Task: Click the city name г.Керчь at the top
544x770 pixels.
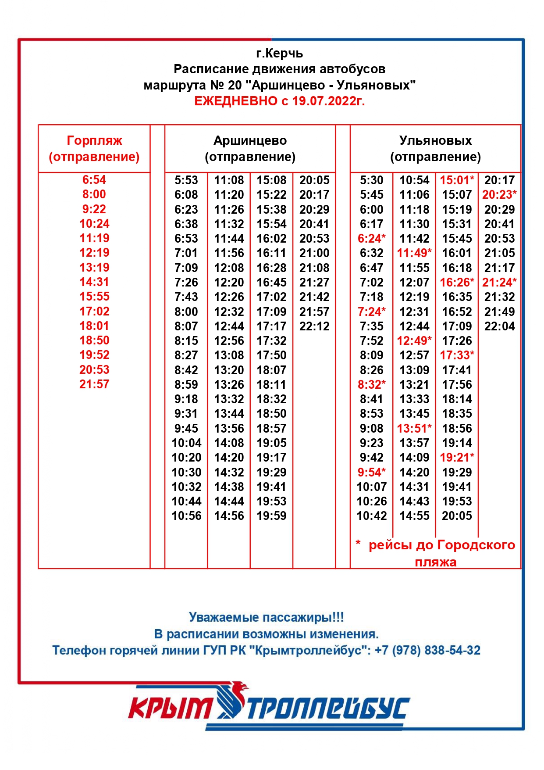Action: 279,54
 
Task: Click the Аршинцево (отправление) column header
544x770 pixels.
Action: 250,148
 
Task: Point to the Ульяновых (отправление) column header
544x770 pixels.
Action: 435,148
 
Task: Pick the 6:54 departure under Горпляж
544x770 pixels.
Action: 94,180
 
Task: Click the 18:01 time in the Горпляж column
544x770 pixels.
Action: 94,326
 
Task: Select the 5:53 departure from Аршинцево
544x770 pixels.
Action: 186,180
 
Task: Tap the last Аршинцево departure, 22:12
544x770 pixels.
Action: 314,326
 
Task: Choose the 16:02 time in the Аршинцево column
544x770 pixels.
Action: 271,239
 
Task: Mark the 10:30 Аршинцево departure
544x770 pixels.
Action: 186,473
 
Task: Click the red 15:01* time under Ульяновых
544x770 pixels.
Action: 457,180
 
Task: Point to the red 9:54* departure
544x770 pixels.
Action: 372,473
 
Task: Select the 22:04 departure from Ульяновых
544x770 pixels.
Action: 499,326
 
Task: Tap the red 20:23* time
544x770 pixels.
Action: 499,195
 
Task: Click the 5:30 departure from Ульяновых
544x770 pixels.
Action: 372,180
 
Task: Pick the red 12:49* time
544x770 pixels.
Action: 414,341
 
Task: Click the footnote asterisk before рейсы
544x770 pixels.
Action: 358,544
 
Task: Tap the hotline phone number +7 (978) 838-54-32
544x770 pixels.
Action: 427,650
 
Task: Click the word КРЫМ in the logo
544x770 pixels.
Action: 171,708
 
